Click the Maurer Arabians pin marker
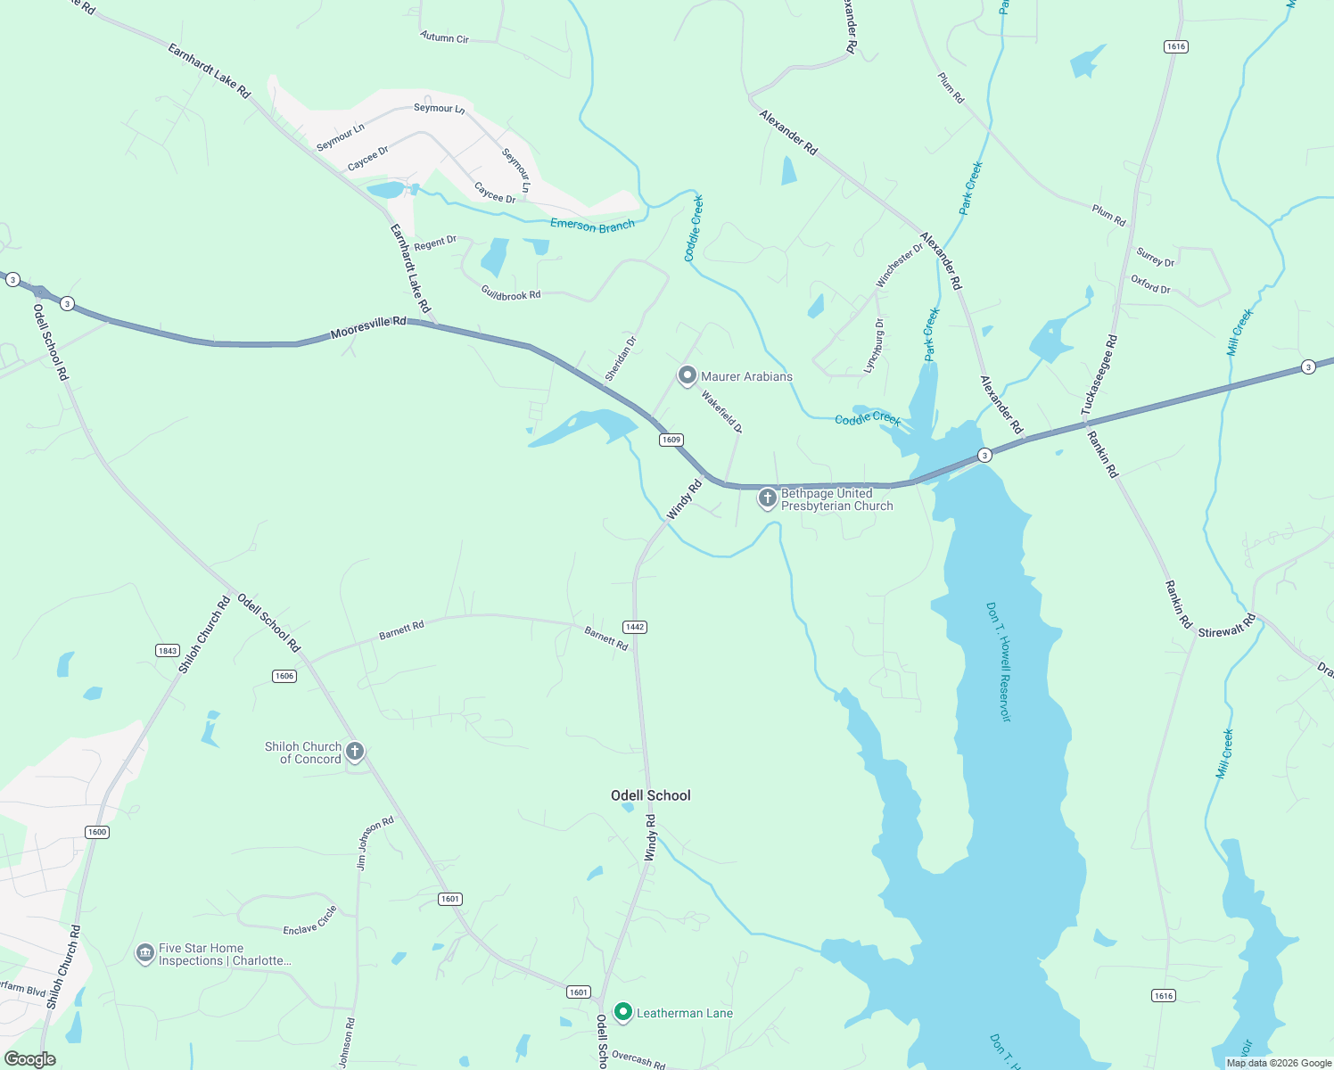687,375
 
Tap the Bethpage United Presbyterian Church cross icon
767,498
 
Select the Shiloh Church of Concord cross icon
355,752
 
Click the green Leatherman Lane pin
623,1012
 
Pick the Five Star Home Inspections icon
144,954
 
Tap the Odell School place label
650,795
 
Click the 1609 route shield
671,440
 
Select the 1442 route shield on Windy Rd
634,627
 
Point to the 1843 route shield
168,651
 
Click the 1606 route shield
284,676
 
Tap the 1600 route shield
97,832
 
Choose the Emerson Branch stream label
592,226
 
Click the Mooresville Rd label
367,327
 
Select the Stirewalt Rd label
1226,626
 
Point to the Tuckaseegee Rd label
1099,375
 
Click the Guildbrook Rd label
510,293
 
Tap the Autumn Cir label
444,37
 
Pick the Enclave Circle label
309,921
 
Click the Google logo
30,1058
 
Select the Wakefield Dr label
721,411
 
